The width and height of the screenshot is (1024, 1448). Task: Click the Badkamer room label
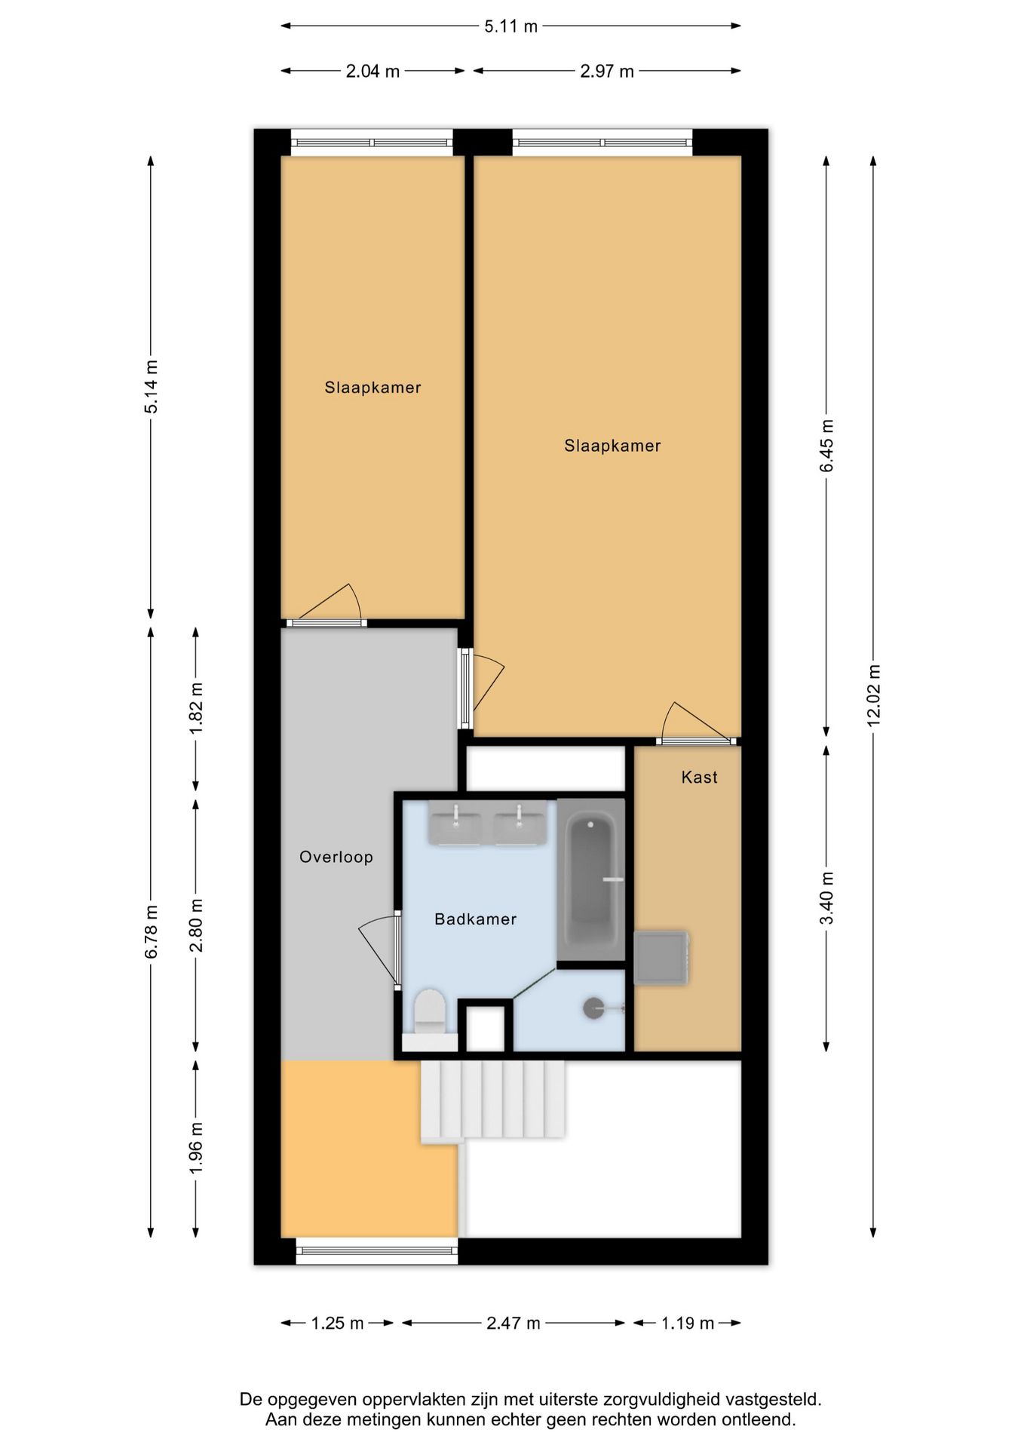[475, 919]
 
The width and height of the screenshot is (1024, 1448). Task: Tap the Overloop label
[336, 857]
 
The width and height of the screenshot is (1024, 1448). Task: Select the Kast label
[699, 777]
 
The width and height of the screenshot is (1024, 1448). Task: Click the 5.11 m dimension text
[510, 26]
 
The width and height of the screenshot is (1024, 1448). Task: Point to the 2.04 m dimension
[373, 72]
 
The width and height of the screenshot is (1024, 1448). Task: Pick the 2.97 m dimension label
[607, 72]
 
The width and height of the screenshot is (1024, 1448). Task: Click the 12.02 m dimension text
[874, 695]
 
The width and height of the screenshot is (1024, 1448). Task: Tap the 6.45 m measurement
[827, 445]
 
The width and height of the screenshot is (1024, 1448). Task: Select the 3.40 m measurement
[827, 897]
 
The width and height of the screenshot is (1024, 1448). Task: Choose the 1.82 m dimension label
[196, 708]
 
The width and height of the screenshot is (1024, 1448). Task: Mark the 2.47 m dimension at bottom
[514, 1323]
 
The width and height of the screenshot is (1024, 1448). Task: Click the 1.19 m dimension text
[688, 1323]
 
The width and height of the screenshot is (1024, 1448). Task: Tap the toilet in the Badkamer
[431, 1019]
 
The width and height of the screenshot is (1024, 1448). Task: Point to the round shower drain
[594, 1008]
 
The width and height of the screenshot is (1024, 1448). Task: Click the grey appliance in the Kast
[661, 958]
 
